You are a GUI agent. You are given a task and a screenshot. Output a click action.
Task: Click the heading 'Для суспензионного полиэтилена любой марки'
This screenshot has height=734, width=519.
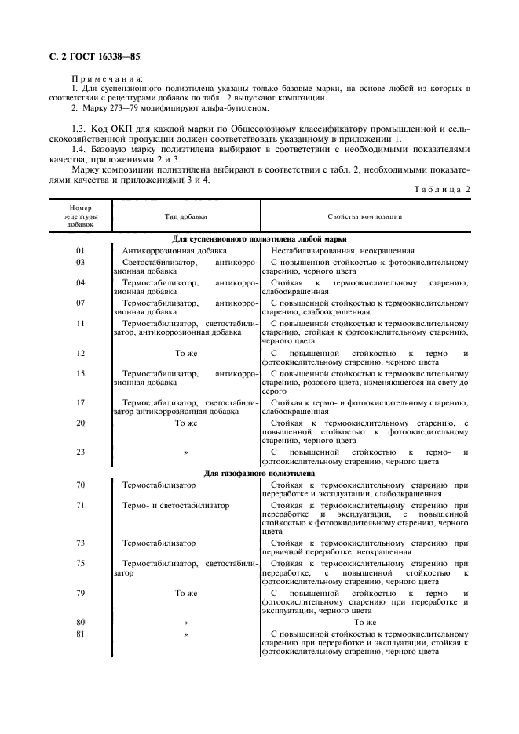pyautogui.click(x=260, y=238)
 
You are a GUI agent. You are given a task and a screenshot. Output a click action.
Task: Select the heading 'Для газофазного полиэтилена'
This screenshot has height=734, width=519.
pyautogui.click(x=260, y=474)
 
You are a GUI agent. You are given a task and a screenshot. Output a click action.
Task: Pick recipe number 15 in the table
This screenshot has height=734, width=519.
pyautogui.click(x=80, y=374)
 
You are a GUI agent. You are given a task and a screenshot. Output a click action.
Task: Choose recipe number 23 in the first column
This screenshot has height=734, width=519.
pyautogui.click(x=80, y=452)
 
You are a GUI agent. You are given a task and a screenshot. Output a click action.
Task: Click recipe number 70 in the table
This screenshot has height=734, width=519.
pyautogui.click(x=80, y=485)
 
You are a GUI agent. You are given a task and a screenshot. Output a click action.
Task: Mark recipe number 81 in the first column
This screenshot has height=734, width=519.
pyautogui.click(x=80, y=634)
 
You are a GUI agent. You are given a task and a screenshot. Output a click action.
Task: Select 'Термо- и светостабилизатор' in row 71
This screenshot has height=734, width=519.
pyautogui.click(x=176, y=506)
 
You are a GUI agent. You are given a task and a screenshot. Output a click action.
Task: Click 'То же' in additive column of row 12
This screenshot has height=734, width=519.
pyautogui.click(x=186, y=354)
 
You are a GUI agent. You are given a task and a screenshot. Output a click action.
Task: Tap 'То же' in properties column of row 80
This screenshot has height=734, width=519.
pyautogui.click(x=365, y=623)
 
